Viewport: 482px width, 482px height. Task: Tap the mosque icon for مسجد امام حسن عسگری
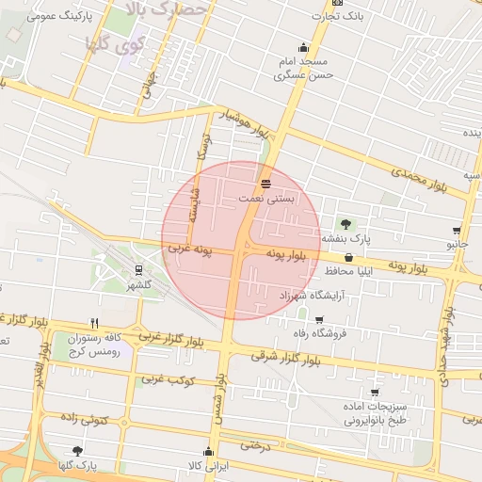click(303, 49)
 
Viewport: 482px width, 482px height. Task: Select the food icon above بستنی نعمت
click(265, 182)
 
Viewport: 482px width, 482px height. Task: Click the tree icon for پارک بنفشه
click(345, 224)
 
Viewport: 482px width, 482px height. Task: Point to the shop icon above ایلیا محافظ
click(349, 256)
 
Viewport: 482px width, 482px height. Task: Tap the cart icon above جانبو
click(457, 230)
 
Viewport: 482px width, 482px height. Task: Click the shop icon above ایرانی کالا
click(208, 451)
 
